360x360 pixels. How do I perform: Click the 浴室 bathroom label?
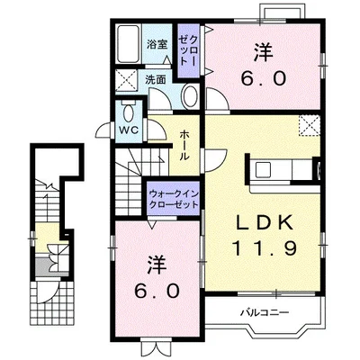coord(157,45)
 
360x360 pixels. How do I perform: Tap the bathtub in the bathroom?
coord(129,44)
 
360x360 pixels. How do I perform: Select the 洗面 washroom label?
coord(156,79)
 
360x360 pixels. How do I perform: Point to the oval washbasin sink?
coord(191,96)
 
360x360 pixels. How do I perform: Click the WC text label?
coord(130,130)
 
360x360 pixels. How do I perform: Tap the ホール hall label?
coord(184,146)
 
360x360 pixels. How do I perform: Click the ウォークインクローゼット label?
coord(174,200)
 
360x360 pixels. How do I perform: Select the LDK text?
coord(265,222)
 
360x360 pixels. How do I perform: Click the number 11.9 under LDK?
coord(265,248)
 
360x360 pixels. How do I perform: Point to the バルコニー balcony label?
coord(265,313)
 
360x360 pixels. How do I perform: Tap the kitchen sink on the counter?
coord(263,170)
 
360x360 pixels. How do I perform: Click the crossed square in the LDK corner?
coord(309,125)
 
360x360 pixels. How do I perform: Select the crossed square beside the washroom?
coord(126,80)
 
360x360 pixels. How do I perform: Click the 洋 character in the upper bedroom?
coord(264,52)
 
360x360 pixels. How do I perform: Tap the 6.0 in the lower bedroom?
coord(157,291)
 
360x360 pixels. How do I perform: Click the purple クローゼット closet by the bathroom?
coord(188,51)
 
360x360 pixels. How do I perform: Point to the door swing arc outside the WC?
coord(103,131)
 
